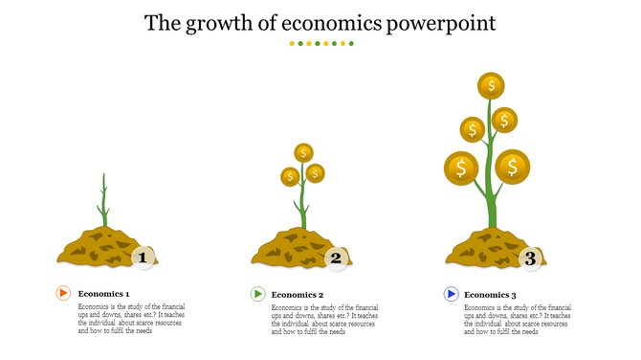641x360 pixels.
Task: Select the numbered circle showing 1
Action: (x=144, y=257)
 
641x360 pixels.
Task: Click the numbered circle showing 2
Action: (x=336, y=257)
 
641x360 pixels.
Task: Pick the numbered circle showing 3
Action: (x=529, y=257)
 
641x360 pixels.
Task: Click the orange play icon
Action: (x=63, y=294)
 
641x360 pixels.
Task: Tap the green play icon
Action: (x=257, y=294)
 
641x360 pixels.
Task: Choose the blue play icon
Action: (x=451, y=294)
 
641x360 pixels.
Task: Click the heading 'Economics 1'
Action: (x=103, y=295)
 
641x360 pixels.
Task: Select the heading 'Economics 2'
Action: (x=298, y=295)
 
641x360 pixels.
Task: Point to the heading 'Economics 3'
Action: (x=491, y=295)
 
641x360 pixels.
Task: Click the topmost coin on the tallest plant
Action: (x=492, y=86)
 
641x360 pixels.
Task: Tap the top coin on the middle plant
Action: (x=304, y=152)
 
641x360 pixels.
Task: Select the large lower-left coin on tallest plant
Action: (x=461, y=169)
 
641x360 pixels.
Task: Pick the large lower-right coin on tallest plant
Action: (x=513, y=167)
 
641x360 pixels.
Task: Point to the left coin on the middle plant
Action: (x=289, y=177)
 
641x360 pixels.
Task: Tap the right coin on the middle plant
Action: (x=316, y=173)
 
